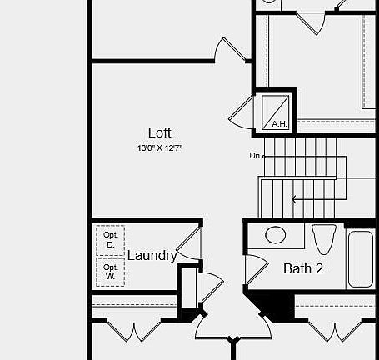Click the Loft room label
point(160,132)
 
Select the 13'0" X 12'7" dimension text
point(160,147)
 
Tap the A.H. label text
point(279,124)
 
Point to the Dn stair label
point(254,156)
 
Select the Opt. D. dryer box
point(110,240)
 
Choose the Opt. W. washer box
point(110,272)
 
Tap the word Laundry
point(152,256)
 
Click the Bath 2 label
point(303,268)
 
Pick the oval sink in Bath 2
point(275,236)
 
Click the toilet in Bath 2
point(324,238)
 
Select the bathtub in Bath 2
point(361,258)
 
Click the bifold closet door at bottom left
point(132,331)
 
